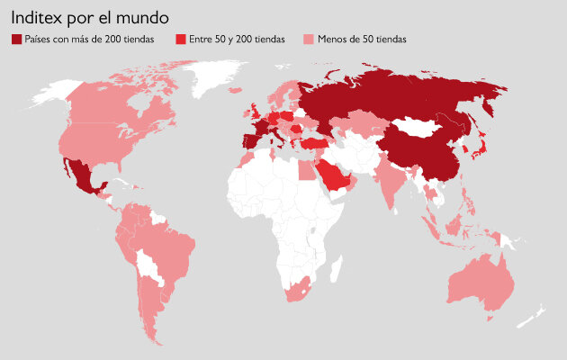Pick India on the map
tap(390, 180)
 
